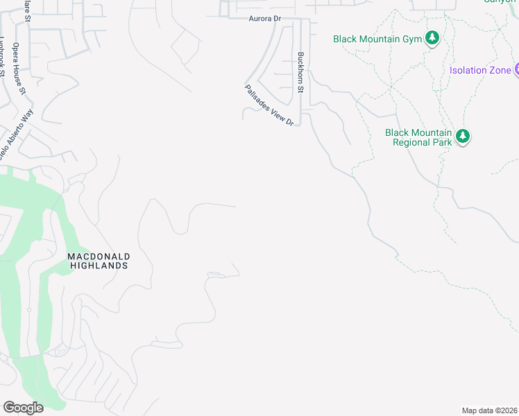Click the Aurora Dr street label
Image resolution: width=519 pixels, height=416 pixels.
click(263, 19)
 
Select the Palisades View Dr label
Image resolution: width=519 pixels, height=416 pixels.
click(270, 105)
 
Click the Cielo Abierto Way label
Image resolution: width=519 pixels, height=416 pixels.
click(17, 135)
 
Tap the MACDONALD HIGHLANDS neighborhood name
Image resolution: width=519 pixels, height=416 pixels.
click(99, 261)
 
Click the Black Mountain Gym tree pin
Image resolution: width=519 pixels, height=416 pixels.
click(432, 37)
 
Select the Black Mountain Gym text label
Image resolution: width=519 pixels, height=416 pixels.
click(377, 39)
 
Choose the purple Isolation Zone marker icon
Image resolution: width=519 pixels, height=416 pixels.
click(517, 70)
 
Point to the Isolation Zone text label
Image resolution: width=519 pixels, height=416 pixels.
click(480, 71)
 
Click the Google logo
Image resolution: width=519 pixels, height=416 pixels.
click(23, 407)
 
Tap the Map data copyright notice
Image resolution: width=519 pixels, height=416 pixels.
click(490, 410)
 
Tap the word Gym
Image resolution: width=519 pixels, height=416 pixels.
click(412, 39)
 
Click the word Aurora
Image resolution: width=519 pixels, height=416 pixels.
click(258, 19)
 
